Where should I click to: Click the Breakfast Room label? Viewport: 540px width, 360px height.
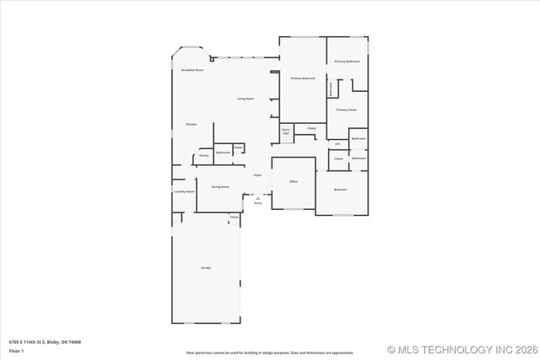point(192,70)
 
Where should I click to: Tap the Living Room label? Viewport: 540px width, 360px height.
point(246,99)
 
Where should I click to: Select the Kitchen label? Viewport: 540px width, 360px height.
point(192,125)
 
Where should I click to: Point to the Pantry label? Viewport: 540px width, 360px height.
point(203,155)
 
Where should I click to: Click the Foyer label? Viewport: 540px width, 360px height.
point(257,175)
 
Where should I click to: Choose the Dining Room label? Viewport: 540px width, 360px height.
point(220,186)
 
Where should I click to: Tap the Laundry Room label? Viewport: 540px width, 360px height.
point(184,192)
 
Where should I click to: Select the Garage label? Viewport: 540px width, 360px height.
point(205,267)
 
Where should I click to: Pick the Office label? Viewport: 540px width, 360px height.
point(294,181)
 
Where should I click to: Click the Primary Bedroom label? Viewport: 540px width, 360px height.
point(303,78)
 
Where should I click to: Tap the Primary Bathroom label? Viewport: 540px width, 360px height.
point(347,62)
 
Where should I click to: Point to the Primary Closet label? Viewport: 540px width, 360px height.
point(347,110)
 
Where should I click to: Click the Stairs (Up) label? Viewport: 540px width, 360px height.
point(285,132)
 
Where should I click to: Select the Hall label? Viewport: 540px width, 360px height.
point(337,144)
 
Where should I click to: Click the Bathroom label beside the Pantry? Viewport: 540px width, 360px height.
point(223,153)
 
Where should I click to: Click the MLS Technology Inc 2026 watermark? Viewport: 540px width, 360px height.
point(462,349)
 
